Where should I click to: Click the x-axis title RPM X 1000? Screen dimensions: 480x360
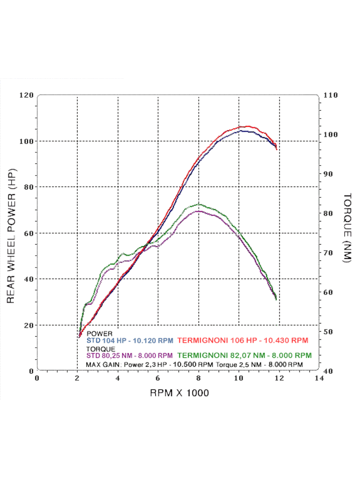point(180,393)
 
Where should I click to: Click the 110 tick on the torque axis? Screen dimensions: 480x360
point(331,95)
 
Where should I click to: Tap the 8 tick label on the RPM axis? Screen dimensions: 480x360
point(198,378)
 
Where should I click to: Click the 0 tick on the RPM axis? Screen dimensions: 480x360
point(37,378)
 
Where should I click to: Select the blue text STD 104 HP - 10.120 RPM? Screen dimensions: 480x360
point(130,340)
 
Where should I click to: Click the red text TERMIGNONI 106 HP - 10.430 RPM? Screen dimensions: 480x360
point(243,340)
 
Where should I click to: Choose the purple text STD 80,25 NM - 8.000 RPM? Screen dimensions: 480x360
point(130,356)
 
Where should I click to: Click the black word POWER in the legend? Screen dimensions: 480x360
point(99,333)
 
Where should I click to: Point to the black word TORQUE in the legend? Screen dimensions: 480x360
point(101,348)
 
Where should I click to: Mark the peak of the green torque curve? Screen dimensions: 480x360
point(199,204)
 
